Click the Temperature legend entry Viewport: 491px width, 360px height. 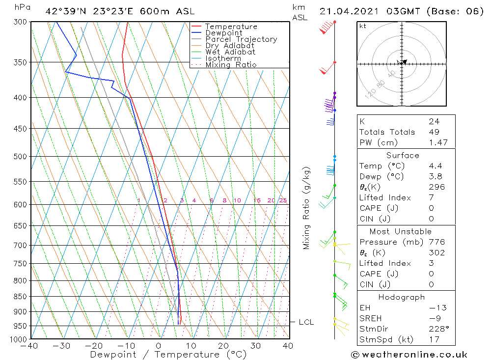coord(231,27)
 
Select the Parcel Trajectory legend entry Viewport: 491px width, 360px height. coord(241,39)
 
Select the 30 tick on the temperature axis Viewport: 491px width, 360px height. coord(255,346)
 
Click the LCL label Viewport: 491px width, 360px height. coord(306,322)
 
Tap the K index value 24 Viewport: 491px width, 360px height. coord(434,121)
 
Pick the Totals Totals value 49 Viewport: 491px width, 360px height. coord(434,132)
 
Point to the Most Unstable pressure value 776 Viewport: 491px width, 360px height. coord(436,242)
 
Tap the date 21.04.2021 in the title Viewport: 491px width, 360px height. coord(346,11)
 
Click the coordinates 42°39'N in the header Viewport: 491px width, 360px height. coord(66,11)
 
